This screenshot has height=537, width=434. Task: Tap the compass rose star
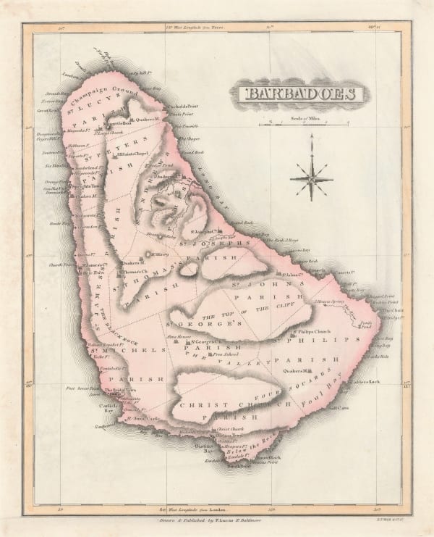tap(311, 178)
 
